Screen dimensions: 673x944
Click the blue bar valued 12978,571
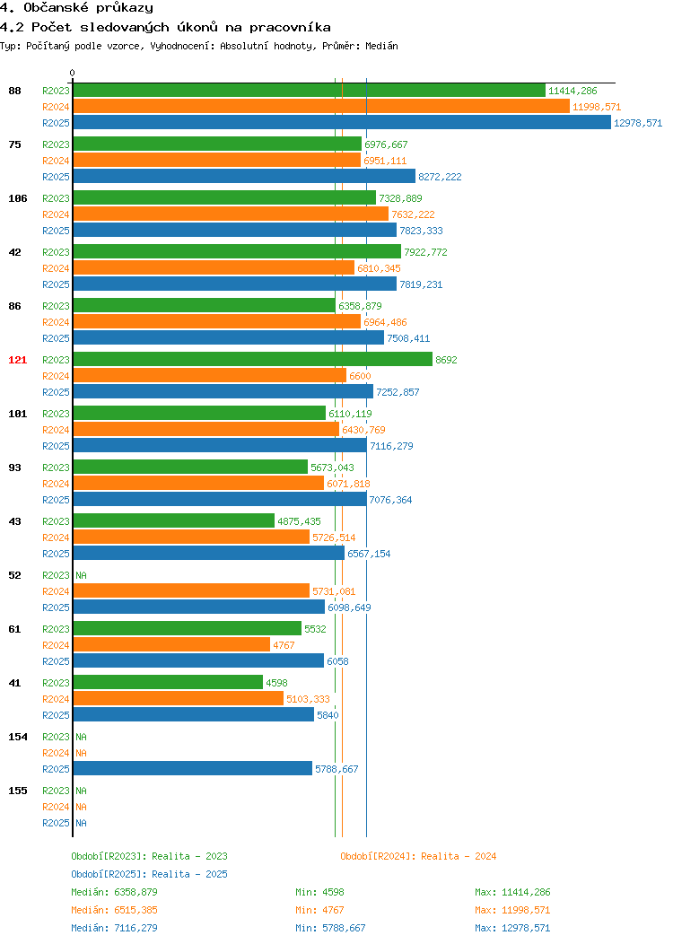[x=342, y=123]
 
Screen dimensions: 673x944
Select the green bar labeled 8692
[x=253, y=360]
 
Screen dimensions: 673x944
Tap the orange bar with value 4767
[x=171, y=645]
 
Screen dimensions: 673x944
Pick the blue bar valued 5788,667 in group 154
[x=193, y=769]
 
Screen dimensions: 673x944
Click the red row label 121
[x=17, y=360]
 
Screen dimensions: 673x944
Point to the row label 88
[x=14, y=91]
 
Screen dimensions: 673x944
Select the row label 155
[x=17, y=791]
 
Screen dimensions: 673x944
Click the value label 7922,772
[x=425, y=252]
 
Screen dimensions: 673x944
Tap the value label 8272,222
[x=440, y=177]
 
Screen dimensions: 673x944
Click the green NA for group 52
[x=82, y=575]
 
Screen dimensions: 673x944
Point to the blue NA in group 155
[x=82, y=823]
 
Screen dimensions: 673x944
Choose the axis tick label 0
[x=73, y=74]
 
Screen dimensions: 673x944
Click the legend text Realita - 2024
[x=459, y=856]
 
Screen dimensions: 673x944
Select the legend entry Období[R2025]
[x=109, y=874]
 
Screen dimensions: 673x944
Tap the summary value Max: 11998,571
[x=512, y=910]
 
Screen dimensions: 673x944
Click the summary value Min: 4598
[x=319, y=892]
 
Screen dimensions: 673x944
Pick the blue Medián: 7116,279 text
[x=114, y=928]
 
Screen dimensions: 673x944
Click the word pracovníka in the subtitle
[x=290, y=27]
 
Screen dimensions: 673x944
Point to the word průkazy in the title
[x=125, y=8]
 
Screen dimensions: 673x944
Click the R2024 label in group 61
[x=56, y=645]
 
